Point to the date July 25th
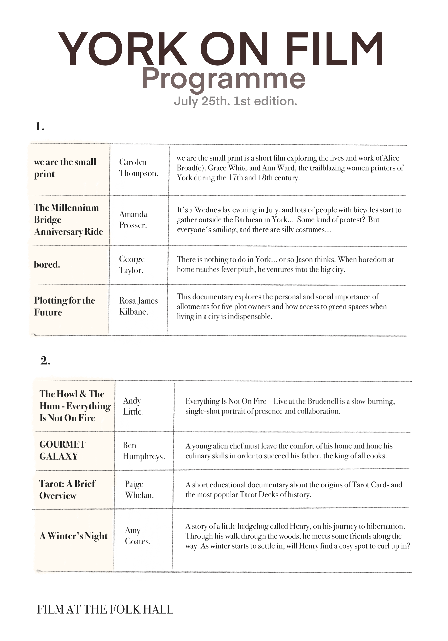coord(201,101)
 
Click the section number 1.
coord(40,126)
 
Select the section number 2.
coord(45,360)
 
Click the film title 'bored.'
coord(47,264)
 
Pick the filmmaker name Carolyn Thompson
coord(138,168)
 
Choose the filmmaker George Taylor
coord(132,264)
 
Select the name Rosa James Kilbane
coord(138,306)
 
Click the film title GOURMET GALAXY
coord(62,450)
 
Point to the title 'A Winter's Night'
coord(73,536)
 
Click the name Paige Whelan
coord(139,489)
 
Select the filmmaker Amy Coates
coord(137,535)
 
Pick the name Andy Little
coord(133,406)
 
